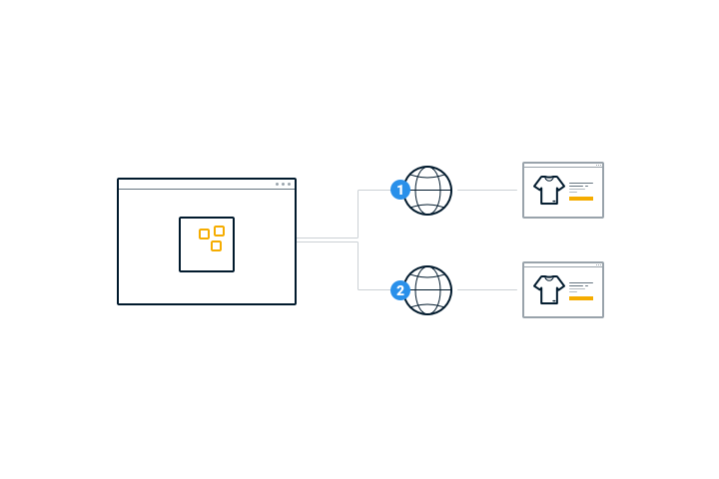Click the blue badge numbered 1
coord(400,190)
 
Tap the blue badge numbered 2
coord(400,290)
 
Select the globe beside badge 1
coord(429,190)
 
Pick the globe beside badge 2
coord(429,290)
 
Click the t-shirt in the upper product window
coord(548,190)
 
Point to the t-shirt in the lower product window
coord(548,289)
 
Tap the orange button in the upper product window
coord(581,199)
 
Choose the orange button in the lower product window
coord(581,298)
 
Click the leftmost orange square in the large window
coord(204,235)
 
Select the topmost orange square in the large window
coord(219,231)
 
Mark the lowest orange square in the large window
coord(216,245)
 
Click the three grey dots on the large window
coord(283,184)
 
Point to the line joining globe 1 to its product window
coord(486,190)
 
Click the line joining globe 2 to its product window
coord(486,290)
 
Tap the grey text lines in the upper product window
coord(579,187)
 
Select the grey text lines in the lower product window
coord(579,286)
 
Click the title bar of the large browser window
coord(200,184)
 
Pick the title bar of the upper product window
coord(559,165)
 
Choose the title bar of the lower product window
coord(559,264)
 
